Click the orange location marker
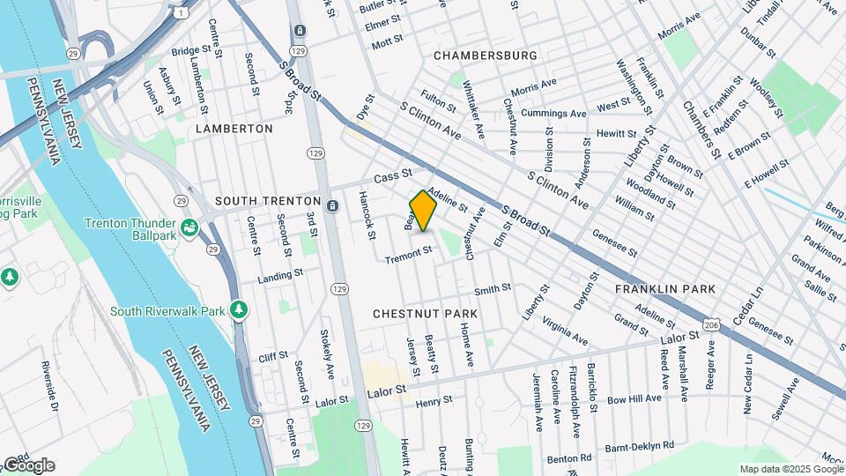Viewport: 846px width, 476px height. (x=424, y=211)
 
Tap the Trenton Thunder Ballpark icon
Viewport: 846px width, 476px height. (x=189, y=229)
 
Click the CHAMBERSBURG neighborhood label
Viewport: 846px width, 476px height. (x=486, y=56)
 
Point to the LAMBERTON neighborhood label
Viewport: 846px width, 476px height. (x=234, y=129)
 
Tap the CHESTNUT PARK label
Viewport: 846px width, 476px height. (x=425, y=314)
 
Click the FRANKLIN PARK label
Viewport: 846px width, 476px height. (x=664, y=289)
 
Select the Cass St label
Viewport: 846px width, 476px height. (x=393, y=177)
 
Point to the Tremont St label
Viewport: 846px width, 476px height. (x=409, y=255)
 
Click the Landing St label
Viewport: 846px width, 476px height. (x=274, y=279)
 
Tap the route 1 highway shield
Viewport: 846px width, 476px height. (x=180, y=12)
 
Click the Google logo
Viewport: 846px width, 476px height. (x=28, y=465)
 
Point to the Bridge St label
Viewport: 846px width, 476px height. (x=188, y=51)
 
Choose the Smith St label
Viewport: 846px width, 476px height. (x=493, y=289)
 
